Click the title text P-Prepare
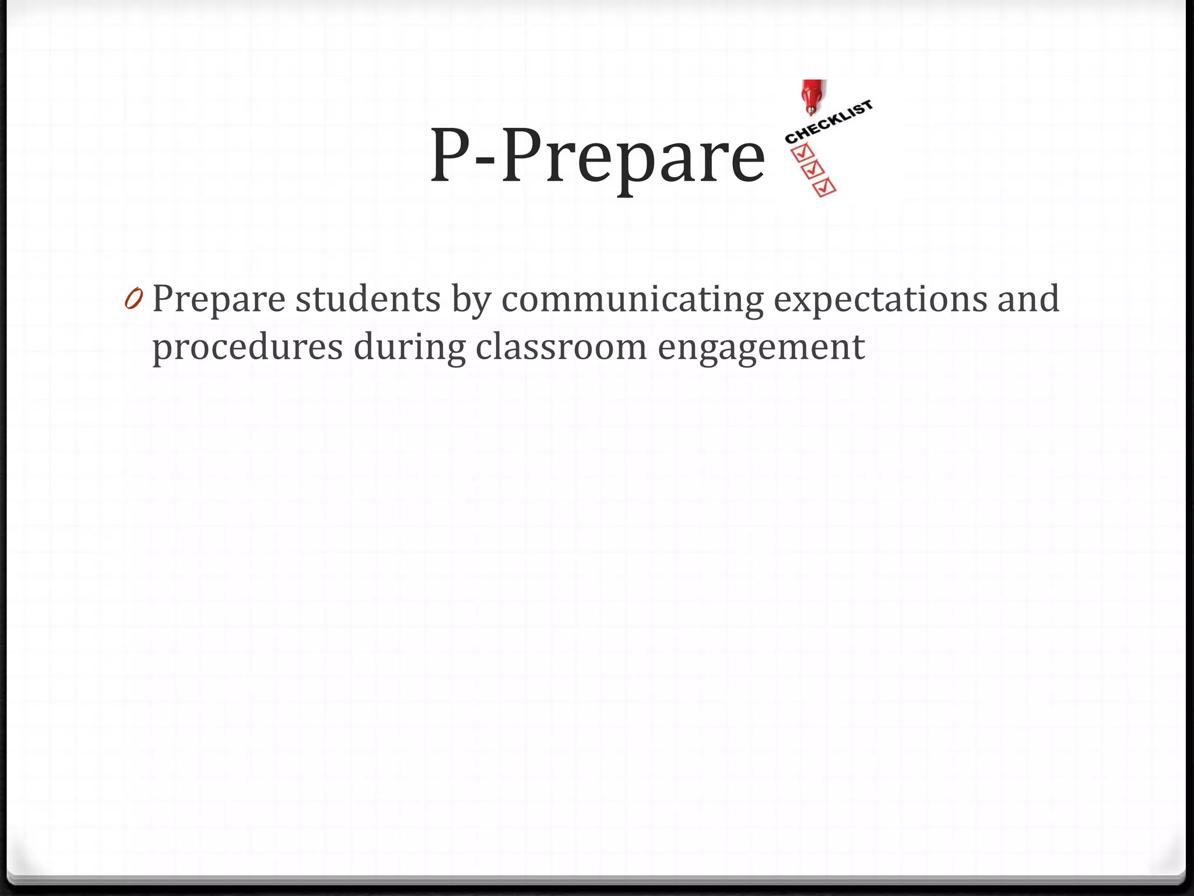(597, 156)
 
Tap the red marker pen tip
(810, 110)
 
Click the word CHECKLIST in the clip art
(828, 122)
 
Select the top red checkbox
(802, 152)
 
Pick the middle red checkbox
(813, 170)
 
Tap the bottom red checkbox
(824, 188)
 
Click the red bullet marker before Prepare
(133, 300)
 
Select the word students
(368, 299)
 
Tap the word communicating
(632, 300)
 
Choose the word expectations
(880, 300)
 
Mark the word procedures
(247, 348)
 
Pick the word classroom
(561, 346)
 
